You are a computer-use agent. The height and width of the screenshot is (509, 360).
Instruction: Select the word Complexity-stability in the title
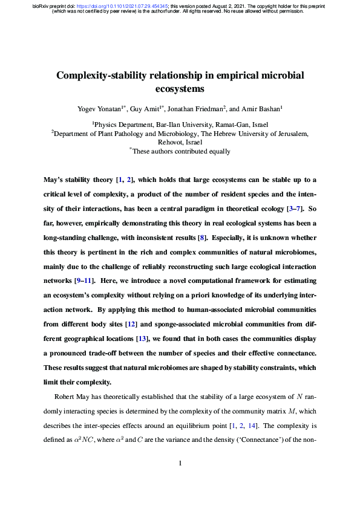[102, 76]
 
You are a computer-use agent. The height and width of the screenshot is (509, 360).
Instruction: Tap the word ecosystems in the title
[180, 89]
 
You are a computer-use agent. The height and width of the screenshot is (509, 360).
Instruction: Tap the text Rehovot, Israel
[180, 143]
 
